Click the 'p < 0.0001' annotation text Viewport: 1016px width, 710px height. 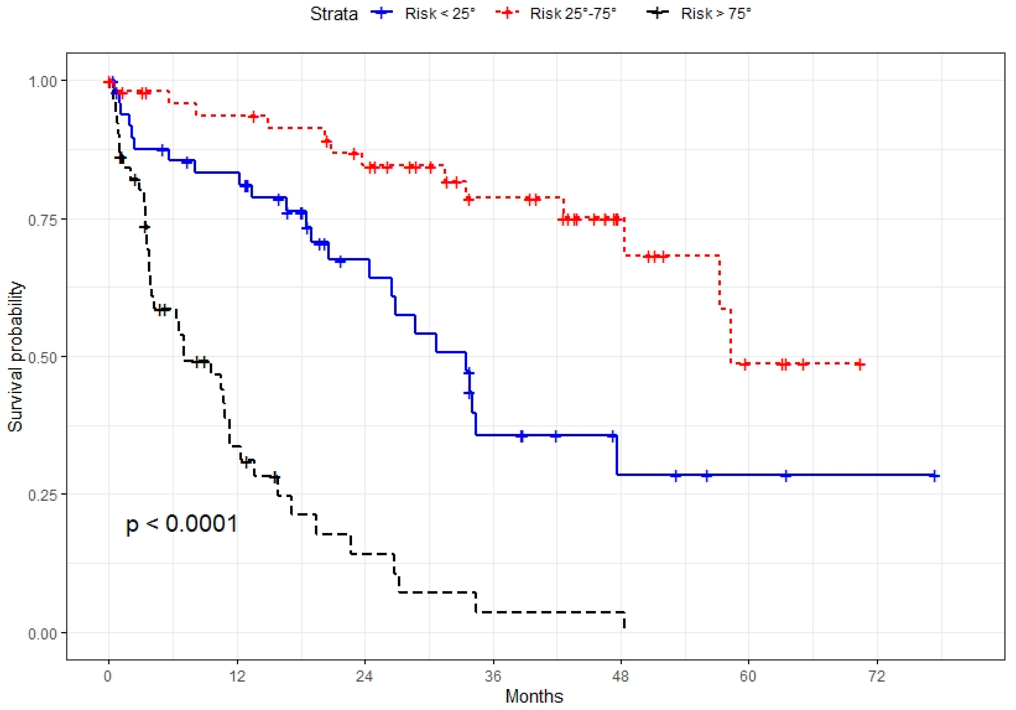point(181,524)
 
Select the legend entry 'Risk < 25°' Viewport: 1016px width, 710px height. point(439,14)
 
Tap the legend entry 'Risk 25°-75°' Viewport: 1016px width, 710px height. point(573,14)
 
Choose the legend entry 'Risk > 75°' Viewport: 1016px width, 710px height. point(715,14)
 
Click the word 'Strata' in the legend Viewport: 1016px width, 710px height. point(334,14)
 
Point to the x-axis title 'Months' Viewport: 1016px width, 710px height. point(534,696)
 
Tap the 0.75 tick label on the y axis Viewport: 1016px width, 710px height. point(43,220)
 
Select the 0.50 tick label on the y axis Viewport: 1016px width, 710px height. point(43,357)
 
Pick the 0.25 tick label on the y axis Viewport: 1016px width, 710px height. point(43,495)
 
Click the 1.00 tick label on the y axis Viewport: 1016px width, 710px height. point(43,82)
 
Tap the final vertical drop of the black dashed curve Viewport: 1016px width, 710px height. point(624,620)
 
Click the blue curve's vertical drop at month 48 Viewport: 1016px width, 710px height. point(617,455)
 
